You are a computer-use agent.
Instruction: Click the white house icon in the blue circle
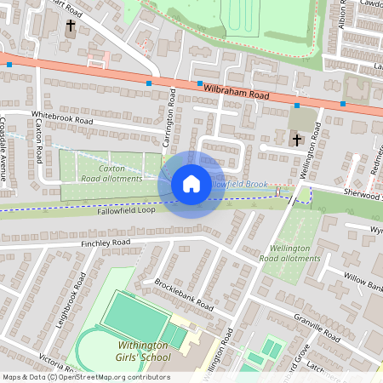(x=191, y=184)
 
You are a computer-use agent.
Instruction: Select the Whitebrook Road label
(x=60, y=120)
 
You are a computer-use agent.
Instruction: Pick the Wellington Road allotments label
(x=289, y=252)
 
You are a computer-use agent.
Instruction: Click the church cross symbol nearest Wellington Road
(x=296, y=139)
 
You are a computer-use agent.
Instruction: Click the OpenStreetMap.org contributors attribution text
(x=119, y=377)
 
